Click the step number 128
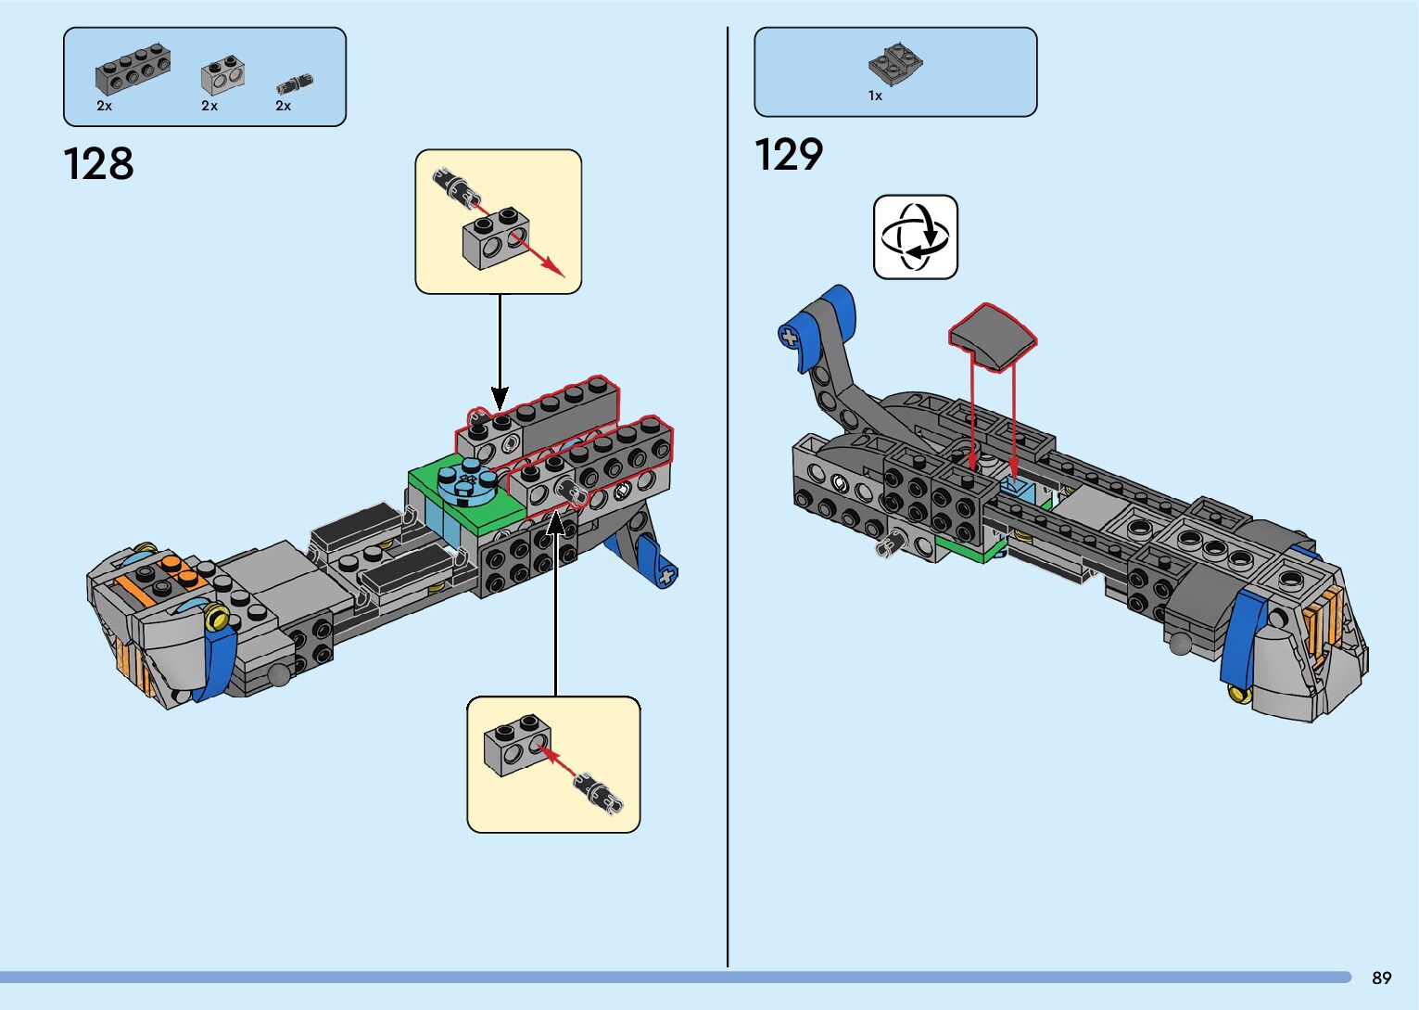point(98,164)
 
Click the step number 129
point(788,155)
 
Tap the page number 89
point(1381,978)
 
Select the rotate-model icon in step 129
point(915,237)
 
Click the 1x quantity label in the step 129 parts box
point(875,96)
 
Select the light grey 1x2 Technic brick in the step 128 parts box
point(223,78)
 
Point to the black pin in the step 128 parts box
point(295,84)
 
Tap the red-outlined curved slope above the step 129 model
point(993,337)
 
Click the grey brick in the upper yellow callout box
point(496,238)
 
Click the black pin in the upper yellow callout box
point(455,185)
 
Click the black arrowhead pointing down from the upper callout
point(500,399)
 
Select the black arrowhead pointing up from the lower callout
point(556,522)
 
